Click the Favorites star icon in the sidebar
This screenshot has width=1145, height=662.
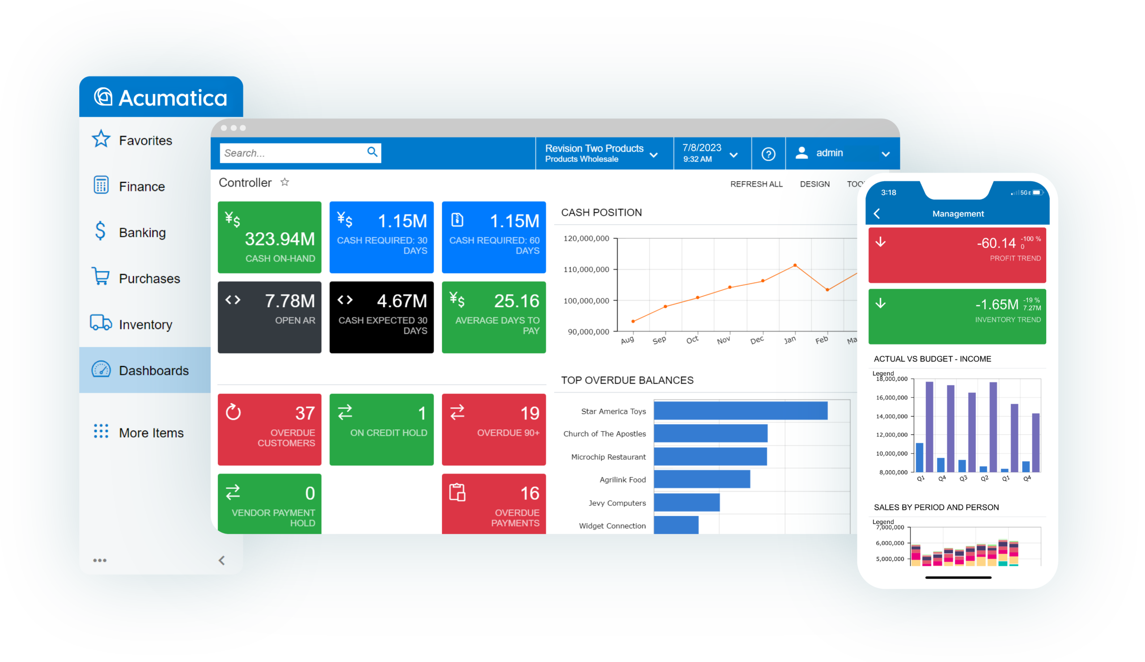click(x=101, y=139)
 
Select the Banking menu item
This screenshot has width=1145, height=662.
click(x=142, y=232)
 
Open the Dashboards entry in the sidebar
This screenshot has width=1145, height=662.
click(x=153, y=370)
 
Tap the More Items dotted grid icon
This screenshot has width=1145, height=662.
click(x=101, y=431)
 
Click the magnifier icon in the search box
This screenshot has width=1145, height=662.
click(x=372, y=152)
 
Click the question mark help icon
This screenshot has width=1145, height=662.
click(x=768, y=154)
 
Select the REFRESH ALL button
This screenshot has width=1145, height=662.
click(x=756, y=184)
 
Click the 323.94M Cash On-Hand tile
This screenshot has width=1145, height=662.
click(x=269, y=237)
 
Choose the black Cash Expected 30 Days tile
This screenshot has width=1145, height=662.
click(x=381, y=317)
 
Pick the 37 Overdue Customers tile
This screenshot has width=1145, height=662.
click(x=269, y=429)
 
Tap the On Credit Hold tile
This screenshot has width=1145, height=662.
click(x=381, y=429)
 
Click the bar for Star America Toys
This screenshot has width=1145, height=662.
click(x=741, y=411)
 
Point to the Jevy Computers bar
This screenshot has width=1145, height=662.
click(x=687, y=502)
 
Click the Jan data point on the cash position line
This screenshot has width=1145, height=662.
click(x=795, y=265)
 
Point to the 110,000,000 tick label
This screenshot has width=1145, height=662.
click(x=586, y=269)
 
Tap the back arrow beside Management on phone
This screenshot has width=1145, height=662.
click(x=877, y=213)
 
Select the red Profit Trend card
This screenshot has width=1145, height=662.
click(x=957, y=255)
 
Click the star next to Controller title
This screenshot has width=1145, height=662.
click(x=285, y=182)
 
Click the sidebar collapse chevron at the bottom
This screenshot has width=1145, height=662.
click(x=222, y=560)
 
